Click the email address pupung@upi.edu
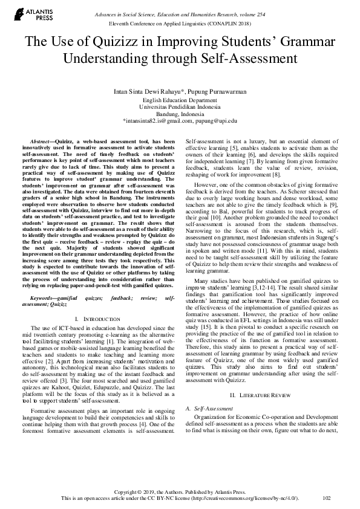click(x=216, y=121)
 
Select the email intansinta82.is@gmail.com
click(x=157, y=121)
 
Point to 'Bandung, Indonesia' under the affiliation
click(x=180, y=114)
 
